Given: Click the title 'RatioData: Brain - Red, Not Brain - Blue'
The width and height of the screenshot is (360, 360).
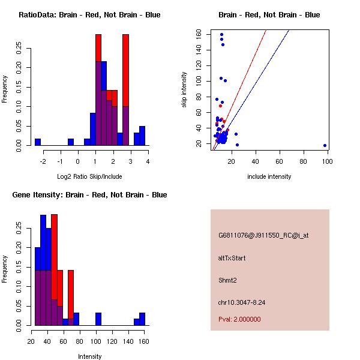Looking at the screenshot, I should [x=89, y=14].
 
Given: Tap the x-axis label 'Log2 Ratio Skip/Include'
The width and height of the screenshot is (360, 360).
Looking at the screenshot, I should [x=89, y=176].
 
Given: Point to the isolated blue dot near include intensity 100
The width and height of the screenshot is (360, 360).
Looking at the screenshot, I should [x=325, y=145].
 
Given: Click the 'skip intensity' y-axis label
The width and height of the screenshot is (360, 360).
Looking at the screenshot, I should [x=184, y=90].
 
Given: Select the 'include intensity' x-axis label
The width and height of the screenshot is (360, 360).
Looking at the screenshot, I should [x=269, y=176].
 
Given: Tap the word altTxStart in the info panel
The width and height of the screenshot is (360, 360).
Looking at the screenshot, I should [x=232, y=258].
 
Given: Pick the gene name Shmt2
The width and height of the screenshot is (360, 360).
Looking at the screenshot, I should [x=228, y=280].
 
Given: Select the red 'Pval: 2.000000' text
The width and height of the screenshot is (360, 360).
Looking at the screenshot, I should [x=239, y=319].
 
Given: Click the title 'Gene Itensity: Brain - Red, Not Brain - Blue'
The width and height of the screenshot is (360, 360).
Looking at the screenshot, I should [x=89, y=194].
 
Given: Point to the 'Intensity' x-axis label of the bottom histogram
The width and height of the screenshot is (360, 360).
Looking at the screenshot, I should [x=90, y=356].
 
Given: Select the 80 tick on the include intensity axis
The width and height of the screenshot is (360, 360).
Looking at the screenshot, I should [x=303, y=161].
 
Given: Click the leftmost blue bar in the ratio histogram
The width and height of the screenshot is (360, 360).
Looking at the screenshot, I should [x=38, y=142].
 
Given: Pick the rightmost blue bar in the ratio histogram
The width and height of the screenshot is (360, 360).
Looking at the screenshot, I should [x=142, y=136].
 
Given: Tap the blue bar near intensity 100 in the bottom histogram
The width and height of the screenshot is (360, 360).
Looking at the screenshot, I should [x=98, y=319].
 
